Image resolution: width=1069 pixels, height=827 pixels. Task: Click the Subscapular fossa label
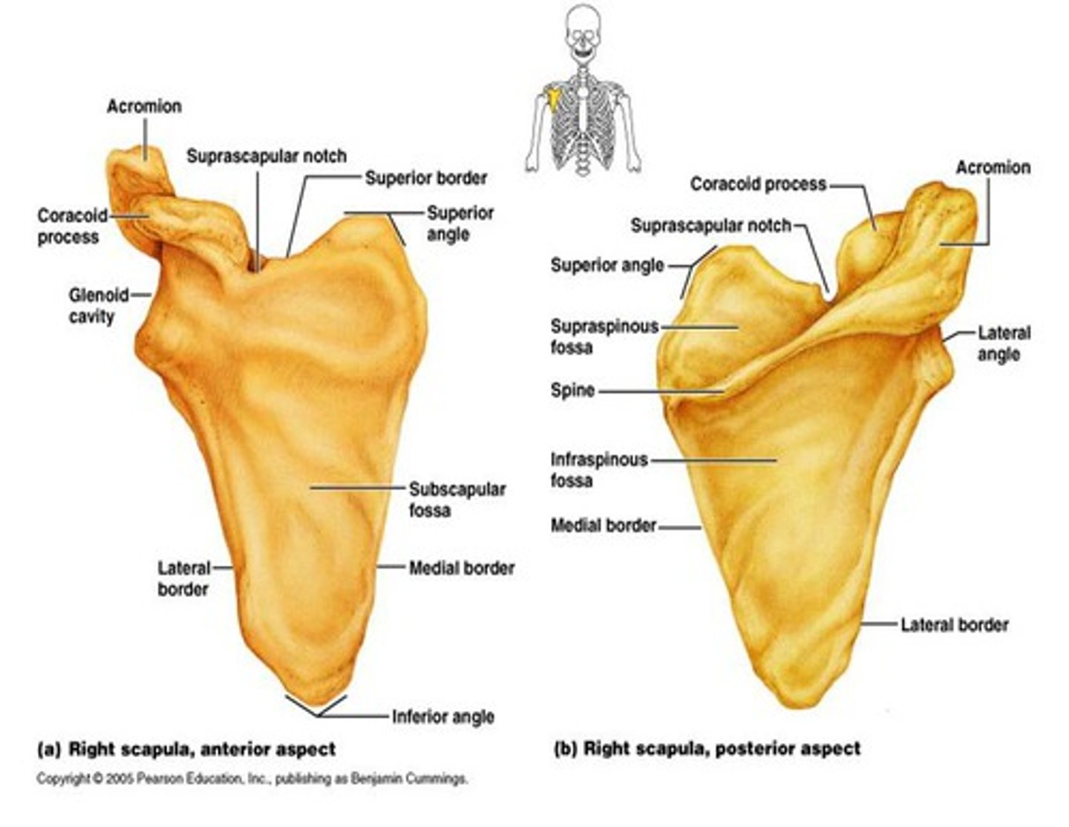pyautogui.click(x=457, y=500)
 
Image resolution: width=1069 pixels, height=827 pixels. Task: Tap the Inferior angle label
pyautogui.click(x=443, y=716)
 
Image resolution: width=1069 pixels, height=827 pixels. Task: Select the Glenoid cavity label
pyautogui.click(x=97, y=305)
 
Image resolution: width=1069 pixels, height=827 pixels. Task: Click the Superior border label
pyautogui.click(x=426, y=178)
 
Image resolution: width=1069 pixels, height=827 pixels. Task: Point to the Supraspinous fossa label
pyautogui.click(x=604, y=336)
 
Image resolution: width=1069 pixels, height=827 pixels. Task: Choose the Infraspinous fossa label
pyautogui.click(x=598, y=470)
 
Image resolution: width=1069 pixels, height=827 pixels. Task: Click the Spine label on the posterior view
pyautogui.click(x=572, y=390)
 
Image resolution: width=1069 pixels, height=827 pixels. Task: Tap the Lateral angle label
pyautogui.click(x=1003, y=343)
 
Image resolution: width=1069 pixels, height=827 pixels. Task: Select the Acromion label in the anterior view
pyautogui.click(x=144, y=106)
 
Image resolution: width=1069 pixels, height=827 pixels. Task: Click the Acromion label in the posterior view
pyautogui.click(x=993, y=168)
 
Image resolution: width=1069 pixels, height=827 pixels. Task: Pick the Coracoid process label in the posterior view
pyautogui.click(x=758, y=184)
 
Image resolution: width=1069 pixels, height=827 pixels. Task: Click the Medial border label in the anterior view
pyautogui.click(x=462, y=569)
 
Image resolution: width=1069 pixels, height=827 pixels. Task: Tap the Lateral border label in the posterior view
pyautogui.click(x=954, y=625)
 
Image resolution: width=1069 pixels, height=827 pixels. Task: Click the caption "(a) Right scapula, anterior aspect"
pyautogui.click(x=186, y=749)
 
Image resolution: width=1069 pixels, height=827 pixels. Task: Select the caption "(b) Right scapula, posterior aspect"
pyautogui.click(x=707, y=748)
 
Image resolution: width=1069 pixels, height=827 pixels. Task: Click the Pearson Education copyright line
pyautogui.click(x=252, y=779)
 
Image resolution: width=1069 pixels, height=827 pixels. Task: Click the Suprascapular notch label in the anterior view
pyautogui.click(x=266, y=157)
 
